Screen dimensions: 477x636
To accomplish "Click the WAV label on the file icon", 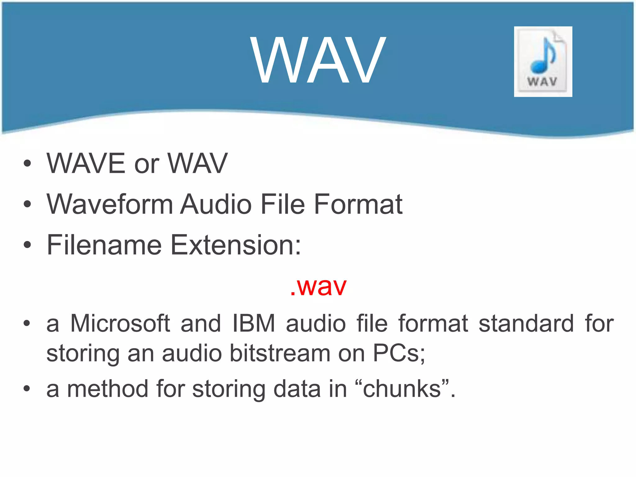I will point(542,82).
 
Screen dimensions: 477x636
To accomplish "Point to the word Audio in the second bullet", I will point(216,204).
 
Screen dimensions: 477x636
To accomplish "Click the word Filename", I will point(104,245).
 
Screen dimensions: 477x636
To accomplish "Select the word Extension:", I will point(236,245).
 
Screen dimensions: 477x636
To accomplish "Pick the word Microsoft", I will point(120,324).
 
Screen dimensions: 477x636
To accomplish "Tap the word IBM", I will point(254,324).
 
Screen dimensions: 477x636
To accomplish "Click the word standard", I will point(526,324).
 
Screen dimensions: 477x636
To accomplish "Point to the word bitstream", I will point(280,353).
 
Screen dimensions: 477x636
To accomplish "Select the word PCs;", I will point(399,353).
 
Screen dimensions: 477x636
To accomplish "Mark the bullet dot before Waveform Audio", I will point(27,204).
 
